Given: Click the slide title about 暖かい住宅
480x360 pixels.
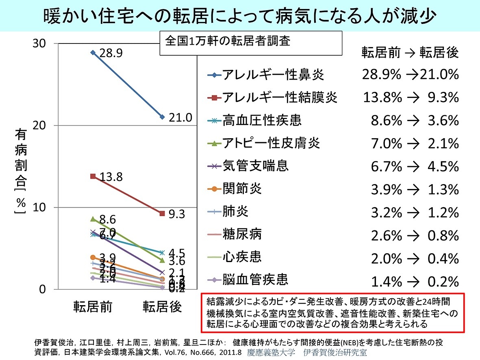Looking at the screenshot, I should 240,16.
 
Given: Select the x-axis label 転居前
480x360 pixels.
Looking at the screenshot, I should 93,306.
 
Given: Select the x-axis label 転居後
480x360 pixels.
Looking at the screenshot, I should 162,306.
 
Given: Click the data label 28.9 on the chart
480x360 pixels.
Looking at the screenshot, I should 111,54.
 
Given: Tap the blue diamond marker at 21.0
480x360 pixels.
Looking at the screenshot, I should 162,117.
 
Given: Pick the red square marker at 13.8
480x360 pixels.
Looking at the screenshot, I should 93,176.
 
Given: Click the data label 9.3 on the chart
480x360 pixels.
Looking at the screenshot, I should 176,214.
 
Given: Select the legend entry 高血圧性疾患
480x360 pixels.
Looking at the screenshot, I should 262,120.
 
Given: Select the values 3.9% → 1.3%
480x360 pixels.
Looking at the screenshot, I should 415,189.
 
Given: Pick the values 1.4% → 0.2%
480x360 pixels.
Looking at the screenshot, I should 415,281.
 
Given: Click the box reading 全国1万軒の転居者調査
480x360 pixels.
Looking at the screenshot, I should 250,42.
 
